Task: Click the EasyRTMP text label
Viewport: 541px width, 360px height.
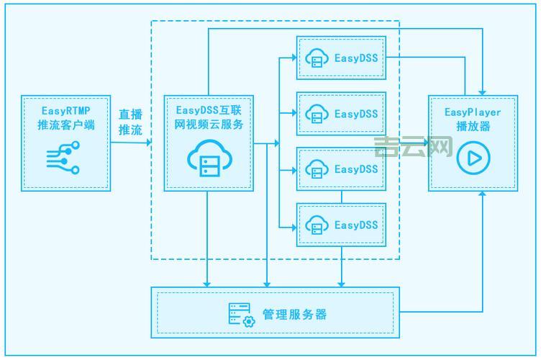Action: coord(65,111)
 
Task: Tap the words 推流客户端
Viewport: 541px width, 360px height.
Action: coord(65,126)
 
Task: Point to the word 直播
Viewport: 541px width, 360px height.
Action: coord(130,114)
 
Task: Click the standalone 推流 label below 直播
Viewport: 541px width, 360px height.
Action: coord(130,130)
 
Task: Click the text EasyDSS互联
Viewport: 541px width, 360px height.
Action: coord(209,110)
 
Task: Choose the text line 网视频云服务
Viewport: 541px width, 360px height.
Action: coord(209,124)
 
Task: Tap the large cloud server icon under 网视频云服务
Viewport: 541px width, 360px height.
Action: coord(207,160)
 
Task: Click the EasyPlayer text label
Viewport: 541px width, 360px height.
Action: coord(473,112)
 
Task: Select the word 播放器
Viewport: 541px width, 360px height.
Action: coord(473,126)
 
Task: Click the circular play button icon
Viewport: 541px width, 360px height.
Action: coord(473,158)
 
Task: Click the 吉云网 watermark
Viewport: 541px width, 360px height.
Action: coord(413,148)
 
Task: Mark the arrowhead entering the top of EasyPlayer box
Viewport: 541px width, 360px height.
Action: coord(483,92)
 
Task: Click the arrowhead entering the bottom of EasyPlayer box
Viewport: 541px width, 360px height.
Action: coord(483,194)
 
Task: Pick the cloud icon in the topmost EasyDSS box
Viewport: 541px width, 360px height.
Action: coord(317,58)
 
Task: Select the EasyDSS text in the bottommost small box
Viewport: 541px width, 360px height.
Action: coord(356,225)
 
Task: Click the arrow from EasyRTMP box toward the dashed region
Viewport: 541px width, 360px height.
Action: coord(147,143)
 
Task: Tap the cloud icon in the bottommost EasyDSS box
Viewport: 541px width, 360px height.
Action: coord(317,225)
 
